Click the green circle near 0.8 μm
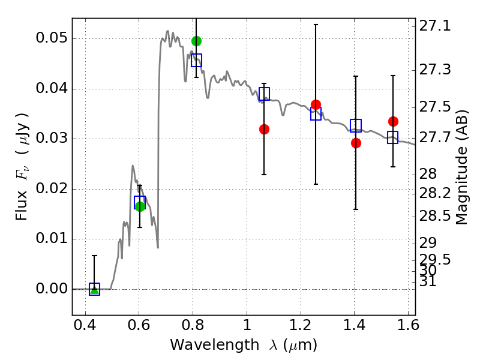pos(197,41)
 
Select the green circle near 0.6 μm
pos(140,206)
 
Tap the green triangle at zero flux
pos(95,289)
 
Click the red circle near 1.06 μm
pos(264,129)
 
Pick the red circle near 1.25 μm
pos(316,104)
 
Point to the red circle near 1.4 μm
pos(356,143)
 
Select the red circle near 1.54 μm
pos(394,122)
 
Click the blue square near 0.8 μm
pos(197,61)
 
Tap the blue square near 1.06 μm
pos(264,94)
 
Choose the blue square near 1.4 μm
pos(356,125)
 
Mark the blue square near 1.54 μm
pos(393,137)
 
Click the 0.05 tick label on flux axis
pos(52,38)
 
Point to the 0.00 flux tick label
pos(52,289)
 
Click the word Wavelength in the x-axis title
pos(215,345)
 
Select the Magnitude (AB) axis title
pos(462,167)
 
